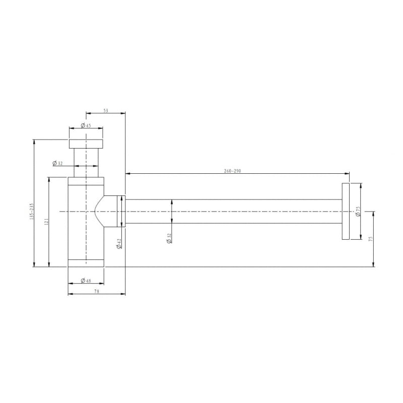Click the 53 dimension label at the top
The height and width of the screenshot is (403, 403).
[x=106, y=111]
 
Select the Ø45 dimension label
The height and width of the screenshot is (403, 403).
[x=86, y=125]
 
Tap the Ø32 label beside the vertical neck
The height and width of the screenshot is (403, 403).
[x=57, y=163]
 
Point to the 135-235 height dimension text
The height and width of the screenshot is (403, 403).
[x=32, y=211]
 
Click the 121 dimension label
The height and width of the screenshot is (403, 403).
[x=46, y=221]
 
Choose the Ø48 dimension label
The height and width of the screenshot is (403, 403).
[x=86, y=281]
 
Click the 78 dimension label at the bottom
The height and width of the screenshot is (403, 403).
[x=97, y=292]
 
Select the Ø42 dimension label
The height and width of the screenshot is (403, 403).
[x=119, y=243]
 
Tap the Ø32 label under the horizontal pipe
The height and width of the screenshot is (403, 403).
[x=169, y=238]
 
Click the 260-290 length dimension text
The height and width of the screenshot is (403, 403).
[x=232, y=171]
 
